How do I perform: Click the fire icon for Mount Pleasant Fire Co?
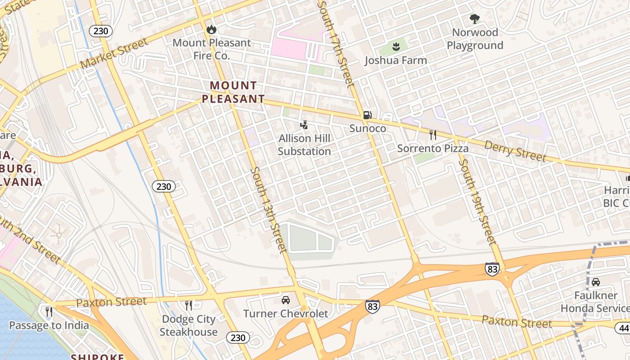coord(211,30)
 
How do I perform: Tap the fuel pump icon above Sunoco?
coord(368,115)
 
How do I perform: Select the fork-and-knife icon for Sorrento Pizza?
coord(432,135)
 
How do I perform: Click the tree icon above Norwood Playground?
coord(474,19)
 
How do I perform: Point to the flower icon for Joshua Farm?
coord(396,46)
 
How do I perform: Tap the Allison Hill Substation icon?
coord(304,125)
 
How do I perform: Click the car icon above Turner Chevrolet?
coord(286,300)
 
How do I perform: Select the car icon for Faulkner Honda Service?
coord(596,282)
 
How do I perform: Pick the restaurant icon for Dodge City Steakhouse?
coord(189,306)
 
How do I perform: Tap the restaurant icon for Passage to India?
coord(49,311)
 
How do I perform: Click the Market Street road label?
coord(114,54)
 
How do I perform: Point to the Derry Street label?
coord(515,151)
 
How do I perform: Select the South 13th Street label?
coord(269,209)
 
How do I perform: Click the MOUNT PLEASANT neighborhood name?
coord(233,92)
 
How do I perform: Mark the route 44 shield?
coord(624,328)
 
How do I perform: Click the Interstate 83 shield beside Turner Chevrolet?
coord(372,306)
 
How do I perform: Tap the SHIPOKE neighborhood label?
coord(97,357)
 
